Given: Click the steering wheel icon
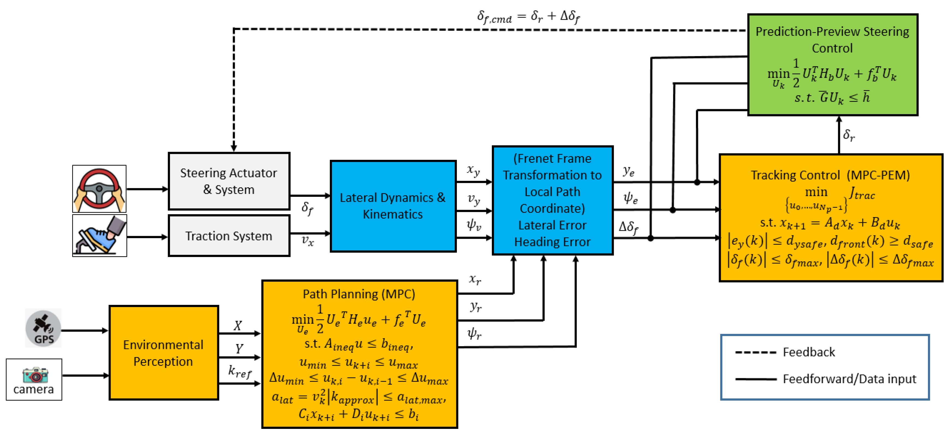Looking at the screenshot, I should pos(99,189).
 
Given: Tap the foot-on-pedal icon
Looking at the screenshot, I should pos(99,236).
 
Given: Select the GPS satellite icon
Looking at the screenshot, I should pos(43,328).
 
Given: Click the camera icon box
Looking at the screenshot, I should pos(34,379).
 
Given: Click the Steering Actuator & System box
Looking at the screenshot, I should pos(229,181).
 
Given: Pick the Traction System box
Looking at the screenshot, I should pos(229,236).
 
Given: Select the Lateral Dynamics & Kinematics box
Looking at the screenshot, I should pos(393,206).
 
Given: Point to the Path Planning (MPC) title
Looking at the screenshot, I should pos(359,294).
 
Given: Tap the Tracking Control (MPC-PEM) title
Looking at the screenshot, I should pos(830,175).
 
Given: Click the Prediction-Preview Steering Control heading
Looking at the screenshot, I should pos(832,39).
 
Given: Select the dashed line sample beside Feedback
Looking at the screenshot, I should pos(755,352).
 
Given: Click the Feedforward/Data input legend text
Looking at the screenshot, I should pos(849,379).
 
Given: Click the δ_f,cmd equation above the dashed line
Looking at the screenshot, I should pos(528,17).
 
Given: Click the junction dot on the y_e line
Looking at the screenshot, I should pos(697,182).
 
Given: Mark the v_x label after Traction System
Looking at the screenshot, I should pos(308,241).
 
